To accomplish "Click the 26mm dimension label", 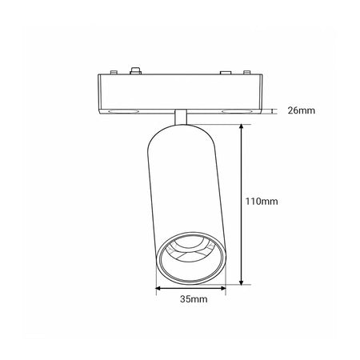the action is coord(301,110).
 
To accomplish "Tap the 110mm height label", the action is coord(262,202).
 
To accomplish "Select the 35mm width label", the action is coord(194,299).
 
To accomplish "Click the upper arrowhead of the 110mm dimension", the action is coord(242,127).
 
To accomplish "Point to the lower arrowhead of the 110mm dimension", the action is coord(242,282).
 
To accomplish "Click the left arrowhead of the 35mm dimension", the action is coord(158,288).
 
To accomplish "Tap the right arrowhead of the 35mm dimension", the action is coord(223,288).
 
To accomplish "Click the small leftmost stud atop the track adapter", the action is coord(114,72).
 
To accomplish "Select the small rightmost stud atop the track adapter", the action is coord(247,72).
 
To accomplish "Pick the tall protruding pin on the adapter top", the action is coord(135,71).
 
